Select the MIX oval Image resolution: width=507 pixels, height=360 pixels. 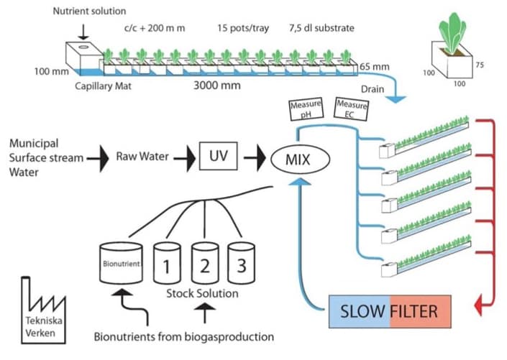click(298, 158)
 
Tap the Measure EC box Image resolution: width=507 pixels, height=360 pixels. click(351, 109)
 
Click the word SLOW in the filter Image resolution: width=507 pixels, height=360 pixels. click(363, 313)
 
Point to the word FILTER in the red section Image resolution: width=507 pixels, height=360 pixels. click(419, 313)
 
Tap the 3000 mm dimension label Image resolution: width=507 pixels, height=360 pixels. click(216, 85)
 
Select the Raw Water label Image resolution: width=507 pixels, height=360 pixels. click(136, 154)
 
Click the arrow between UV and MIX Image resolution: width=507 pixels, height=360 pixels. click(252, 156)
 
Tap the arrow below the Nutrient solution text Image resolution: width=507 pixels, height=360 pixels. click(83, 30)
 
